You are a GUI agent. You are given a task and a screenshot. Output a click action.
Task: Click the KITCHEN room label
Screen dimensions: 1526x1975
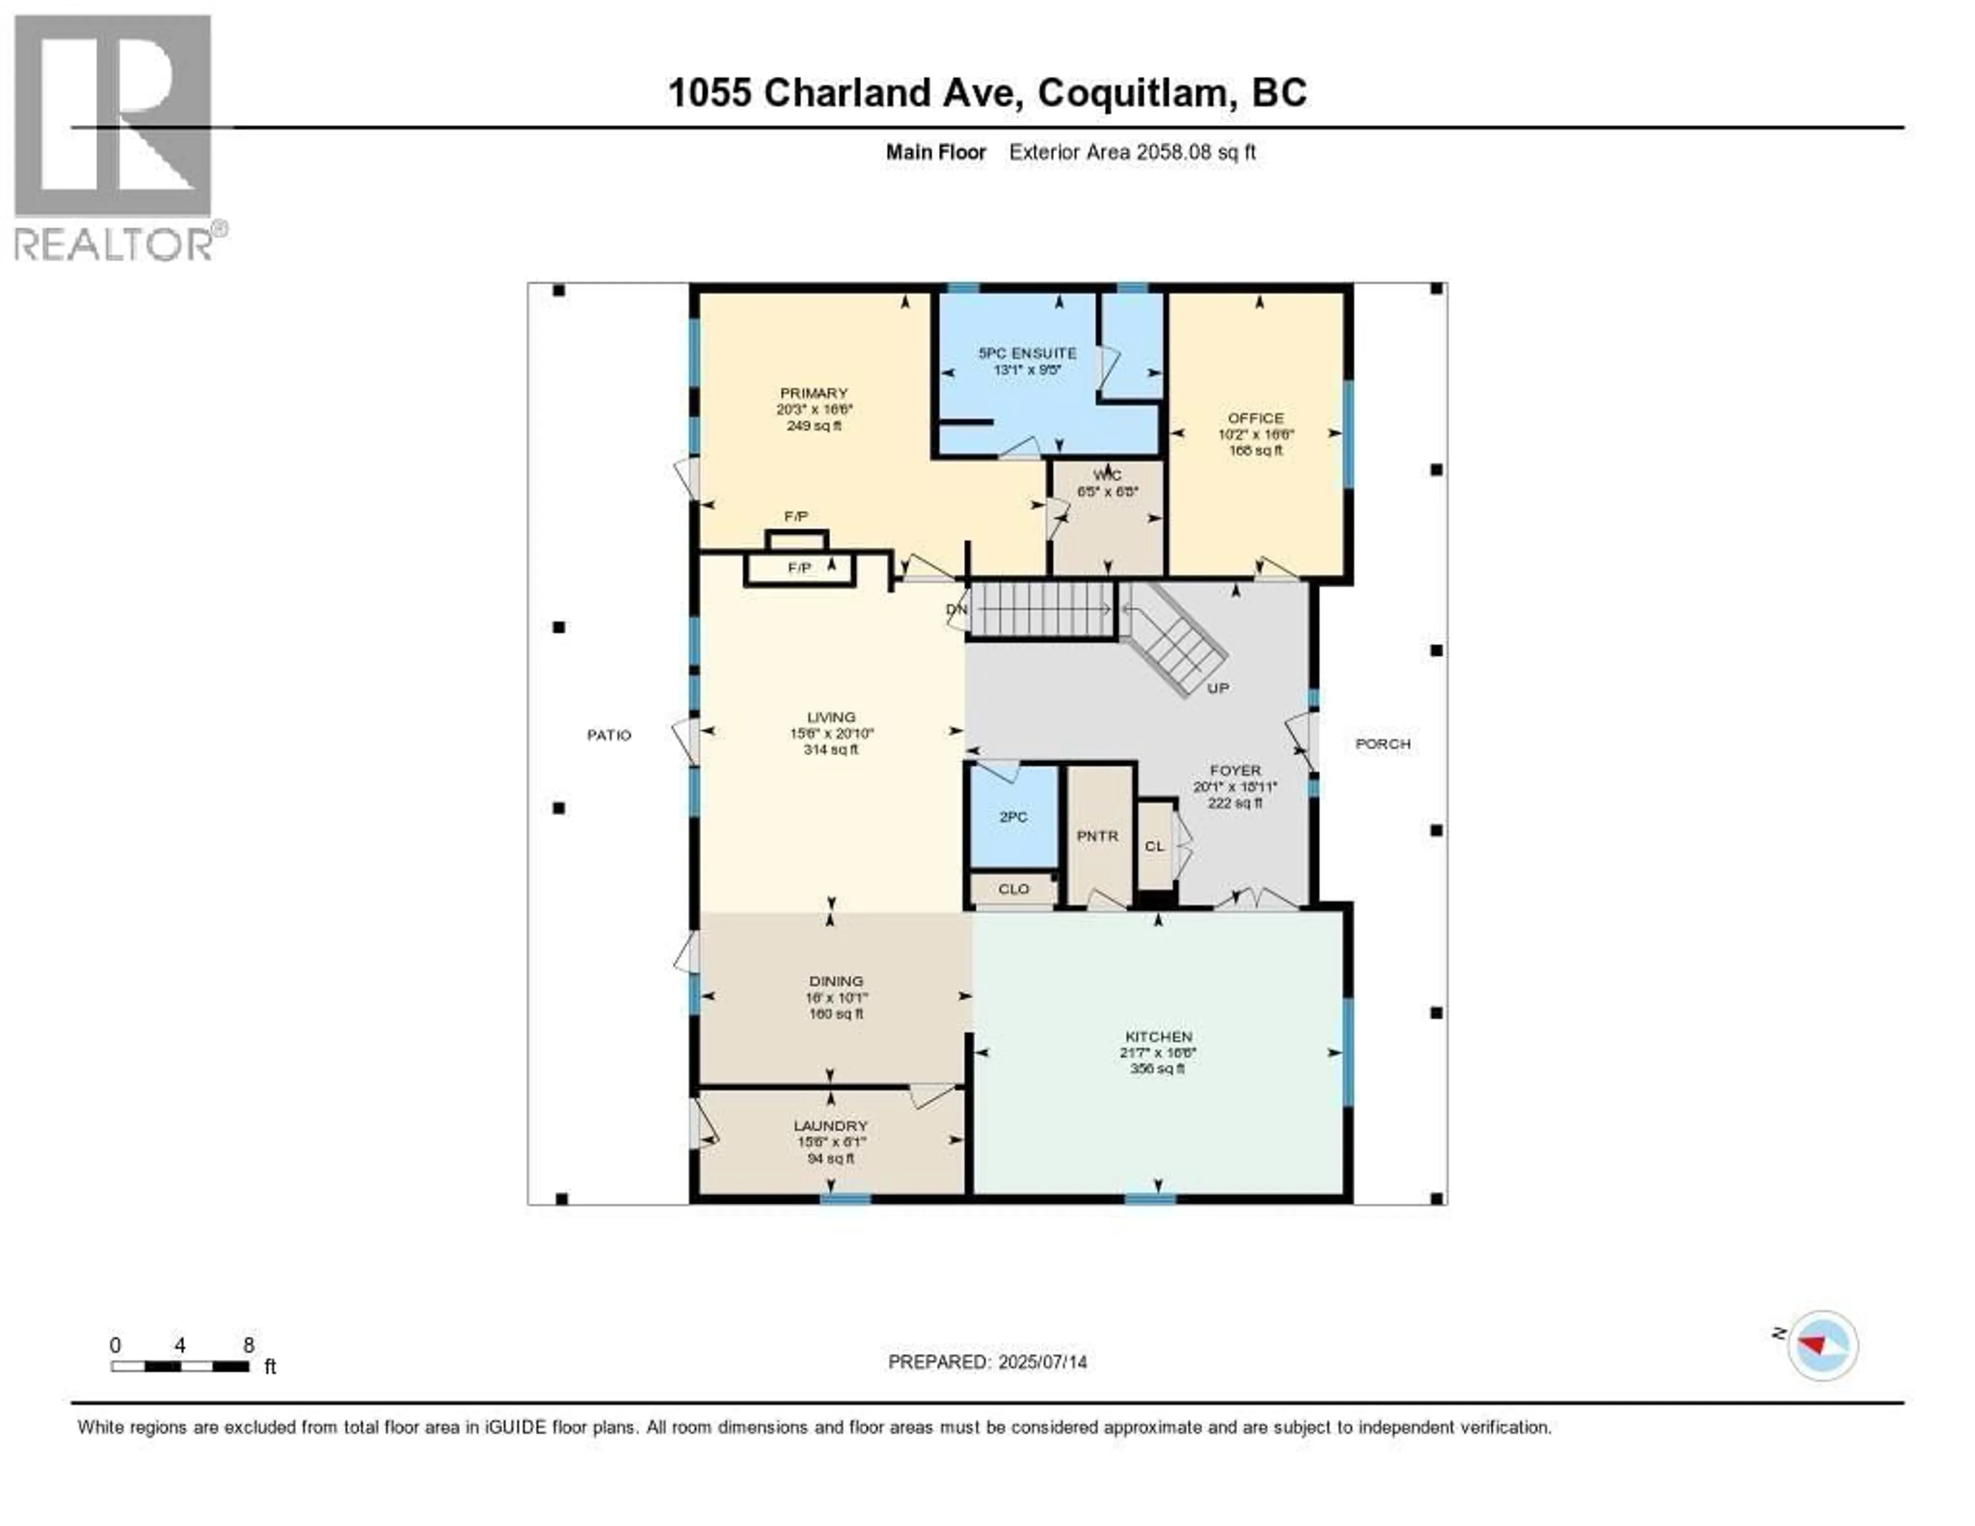(1158, 1037)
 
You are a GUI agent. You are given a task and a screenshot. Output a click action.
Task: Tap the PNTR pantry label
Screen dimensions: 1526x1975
(1097, 837)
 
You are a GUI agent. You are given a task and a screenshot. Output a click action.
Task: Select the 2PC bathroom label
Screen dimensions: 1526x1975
(1013, 817)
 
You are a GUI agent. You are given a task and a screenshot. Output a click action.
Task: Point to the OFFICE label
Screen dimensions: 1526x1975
(1255, 418)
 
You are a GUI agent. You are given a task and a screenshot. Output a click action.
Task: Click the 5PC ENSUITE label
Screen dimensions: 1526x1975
(1027, 353)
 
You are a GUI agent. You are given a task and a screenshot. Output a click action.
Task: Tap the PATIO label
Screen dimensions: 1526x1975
(608, 735)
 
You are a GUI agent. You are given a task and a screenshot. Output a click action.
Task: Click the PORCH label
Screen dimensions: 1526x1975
(1382, 743)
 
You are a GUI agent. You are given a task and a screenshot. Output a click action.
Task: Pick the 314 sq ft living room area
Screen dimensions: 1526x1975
(830, 750)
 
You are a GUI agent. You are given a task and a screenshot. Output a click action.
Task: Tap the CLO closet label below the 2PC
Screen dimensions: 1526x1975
(1014, 889)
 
